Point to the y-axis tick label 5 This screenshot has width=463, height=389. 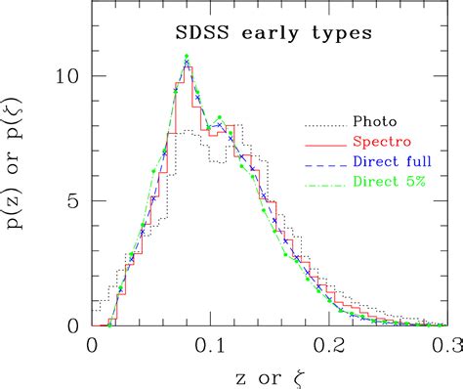coord(74,201)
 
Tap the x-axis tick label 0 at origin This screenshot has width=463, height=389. coord(92,346)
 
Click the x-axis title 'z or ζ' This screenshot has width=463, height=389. coord(269,374)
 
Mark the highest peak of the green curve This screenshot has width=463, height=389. coord(186,57)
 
